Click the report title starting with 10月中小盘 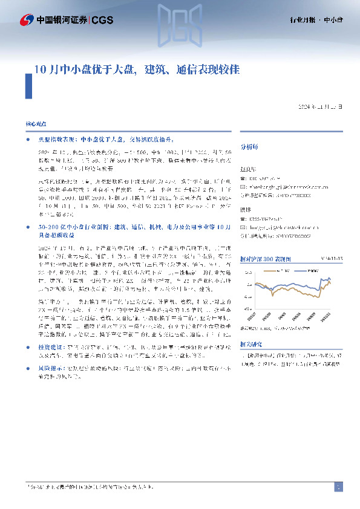coord(136,69)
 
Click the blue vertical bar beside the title coord(28,85)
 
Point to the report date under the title coord(321,107)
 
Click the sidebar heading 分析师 coord(249,146)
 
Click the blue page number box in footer coord(339,487)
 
